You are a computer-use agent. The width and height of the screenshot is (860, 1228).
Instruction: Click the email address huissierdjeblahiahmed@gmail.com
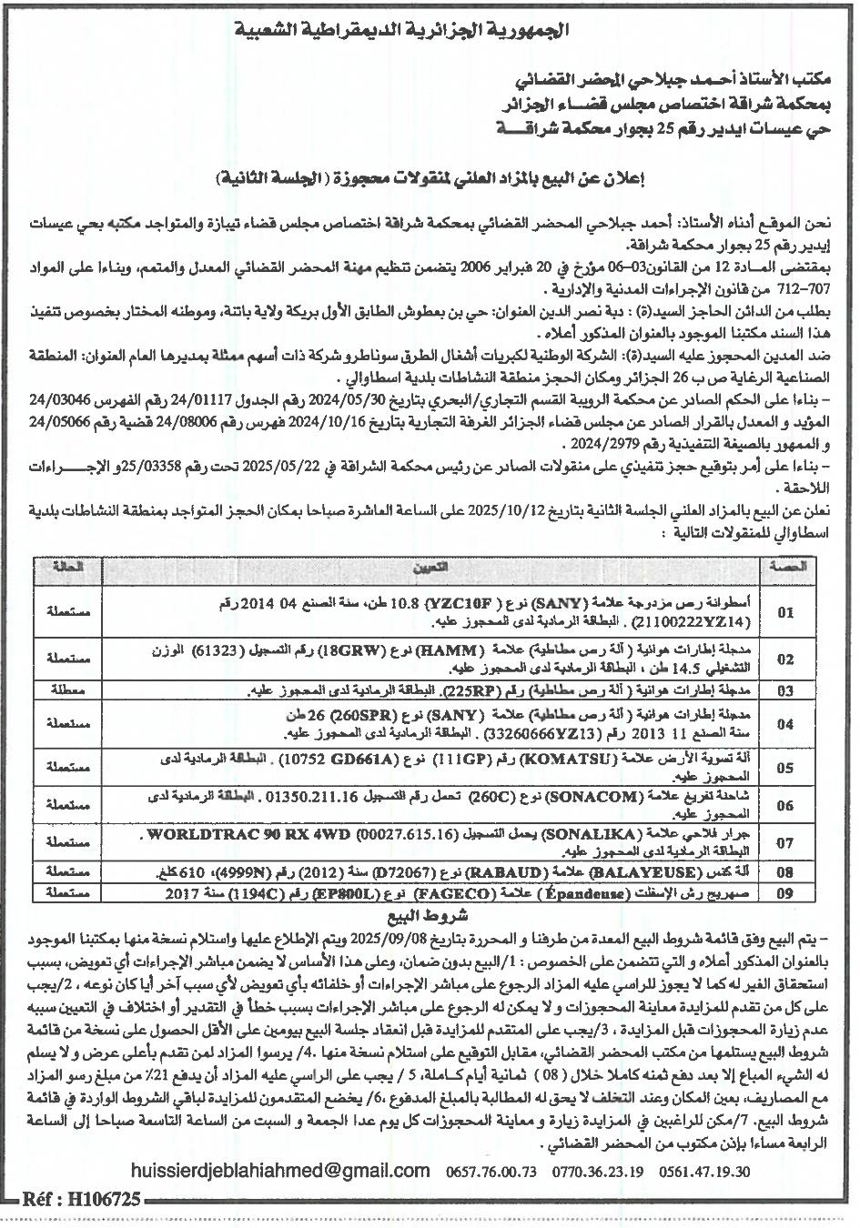280,1171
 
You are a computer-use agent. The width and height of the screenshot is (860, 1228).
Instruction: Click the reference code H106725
102,1200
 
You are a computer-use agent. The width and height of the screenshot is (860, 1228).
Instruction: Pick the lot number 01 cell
785,613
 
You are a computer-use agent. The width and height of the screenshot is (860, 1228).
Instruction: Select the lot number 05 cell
785,767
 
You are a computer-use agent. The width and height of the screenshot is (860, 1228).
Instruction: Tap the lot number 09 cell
785,894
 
